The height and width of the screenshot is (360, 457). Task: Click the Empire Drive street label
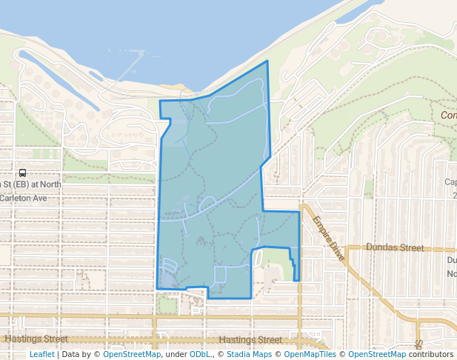click(328, 238)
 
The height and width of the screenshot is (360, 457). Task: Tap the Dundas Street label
click(395, 248)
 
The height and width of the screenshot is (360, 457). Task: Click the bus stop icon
click(22, 173)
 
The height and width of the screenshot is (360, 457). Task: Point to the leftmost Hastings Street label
click(30, 339)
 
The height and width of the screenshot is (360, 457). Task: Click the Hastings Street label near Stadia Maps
click(250, 340)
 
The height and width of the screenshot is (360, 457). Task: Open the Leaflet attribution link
click(41, 354)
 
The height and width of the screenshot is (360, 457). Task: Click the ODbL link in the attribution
click(200, 354)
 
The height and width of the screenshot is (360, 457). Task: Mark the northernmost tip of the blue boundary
click(267, 61)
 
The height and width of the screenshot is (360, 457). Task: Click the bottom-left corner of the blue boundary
click(158, 288)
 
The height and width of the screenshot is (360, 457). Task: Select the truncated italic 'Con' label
click(448, 116)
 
